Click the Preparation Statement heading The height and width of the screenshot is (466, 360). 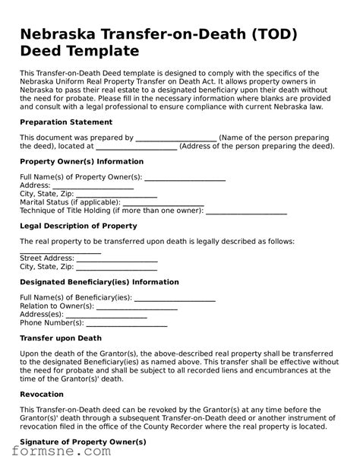point(62,121)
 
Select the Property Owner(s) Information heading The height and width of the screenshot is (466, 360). point(81,161)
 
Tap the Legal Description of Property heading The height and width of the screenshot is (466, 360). point(78,226)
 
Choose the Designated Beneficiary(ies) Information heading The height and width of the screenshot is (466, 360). point(99,281)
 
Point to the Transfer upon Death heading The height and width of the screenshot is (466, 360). point(60,338)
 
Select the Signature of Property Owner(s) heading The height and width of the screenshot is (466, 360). point(82,442)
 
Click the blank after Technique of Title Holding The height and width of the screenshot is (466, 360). point(247,212)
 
